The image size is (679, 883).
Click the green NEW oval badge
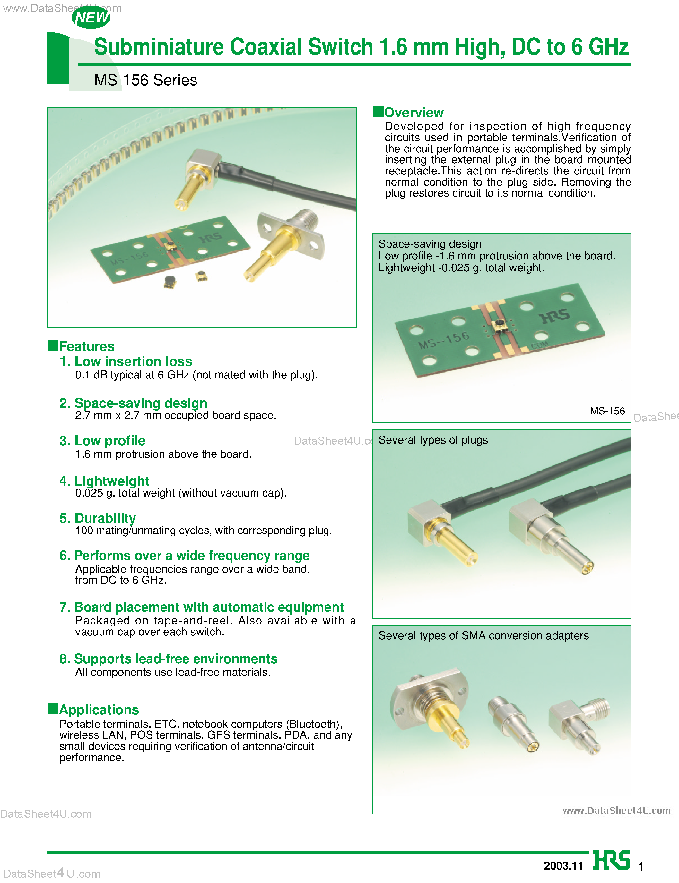[91, 18]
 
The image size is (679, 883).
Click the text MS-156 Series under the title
[145, 80]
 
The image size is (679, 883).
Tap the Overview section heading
[413, 112]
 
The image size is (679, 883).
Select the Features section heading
[86, 346]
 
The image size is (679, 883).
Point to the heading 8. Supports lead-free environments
[168, 658]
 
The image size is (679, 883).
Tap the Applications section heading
[99, 709]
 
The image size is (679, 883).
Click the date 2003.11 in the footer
[563, 865]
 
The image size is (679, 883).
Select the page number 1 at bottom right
[640, 866]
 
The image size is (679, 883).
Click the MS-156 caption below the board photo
[607, 411]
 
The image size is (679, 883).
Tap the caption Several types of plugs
[433, 440]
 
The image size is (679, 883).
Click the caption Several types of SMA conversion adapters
[483, 635]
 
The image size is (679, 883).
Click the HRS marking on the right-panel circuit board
[554, 316]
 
